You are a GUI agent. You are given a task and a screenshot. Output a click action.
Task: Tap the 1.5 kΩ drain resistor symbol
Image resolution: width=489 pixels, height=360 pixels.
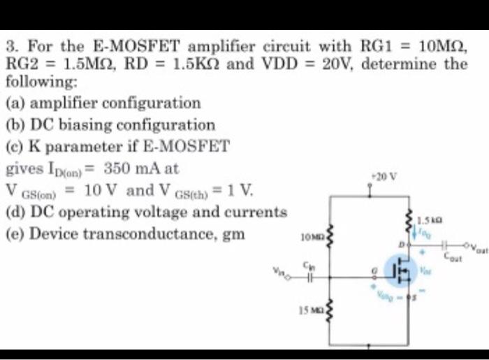[409, 219]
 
